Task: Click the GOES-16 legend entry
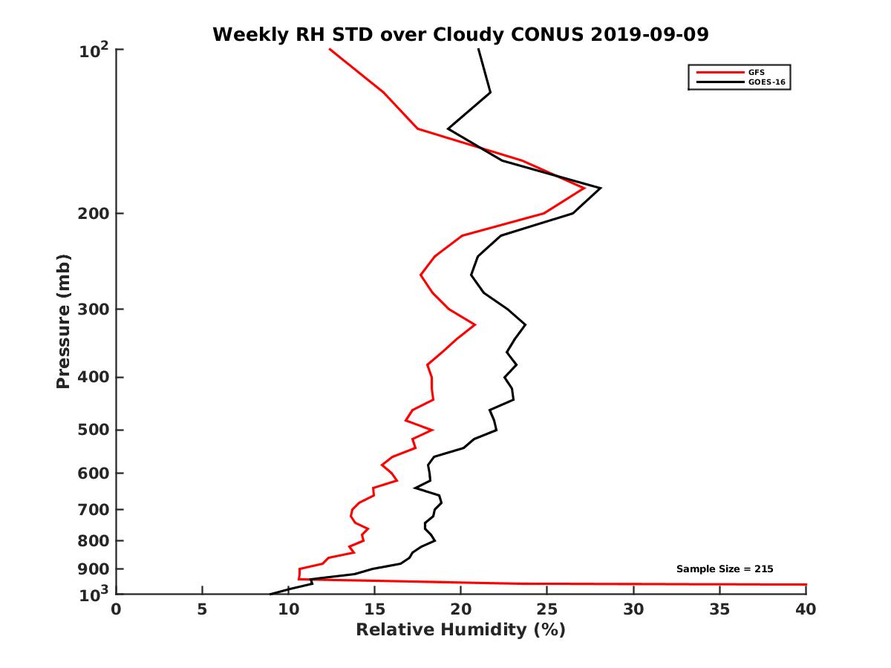tap(766, 82)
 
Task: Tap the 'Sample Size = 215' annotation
tap(725, 569)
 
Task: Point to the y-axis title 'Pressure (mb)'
tap(63, 321)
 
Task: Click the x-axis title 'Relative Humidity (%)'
tap(460, 630)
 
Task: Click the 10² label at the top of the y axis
tap(94, 52)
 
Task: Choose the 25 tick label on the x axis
tap(547, 609)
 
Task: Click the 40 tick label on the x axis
tap(806, 609)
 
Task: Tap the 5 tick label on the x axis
tap(202, 609)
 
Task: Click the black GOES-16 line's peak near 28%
tap(599, 188)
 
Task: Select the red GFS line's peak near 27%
tap(584, 188)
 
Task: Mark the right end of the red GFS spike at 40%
tap(805, 585)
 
